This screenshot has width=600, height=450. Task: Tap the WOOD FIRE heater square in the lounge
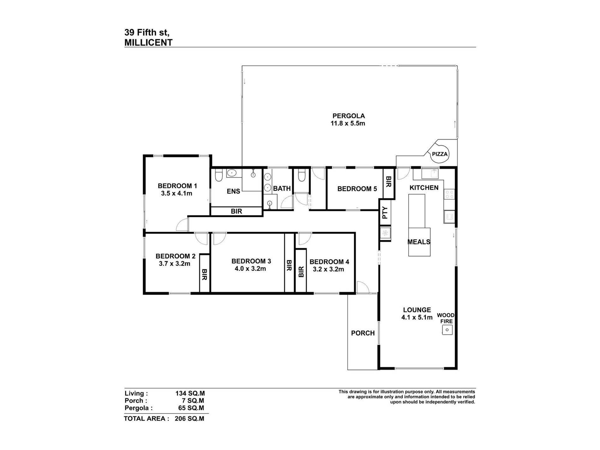[x=447, y=330]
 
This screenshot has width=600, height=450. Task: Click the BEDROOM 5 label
[x=357, y=189]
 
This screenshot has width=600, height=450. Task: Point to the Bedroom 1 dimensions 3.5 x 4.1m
[x=177, y=193]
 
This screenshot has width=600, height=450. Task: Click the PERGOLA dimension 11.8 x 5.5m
[x=348, y=123]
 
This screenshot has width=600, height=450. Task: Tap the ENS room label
[x=234, y=191]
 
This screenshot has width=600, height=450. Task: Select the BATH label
[x=282, y=189]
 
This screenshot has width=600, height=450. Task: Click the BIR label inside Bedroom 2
[x=204, y=274]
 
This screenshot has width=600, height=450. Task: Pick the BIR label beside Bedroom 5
[x=388, y=182]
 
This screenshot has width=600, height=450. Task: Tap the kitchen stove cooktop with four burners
[x=449, y=194]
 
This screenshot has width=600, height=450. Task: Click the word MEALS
[x=419, y=242]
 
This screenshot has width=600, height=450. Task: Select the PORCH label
[x=363, y=333]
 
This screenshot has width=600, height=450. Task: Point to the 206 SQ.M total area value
[x=189, y=418]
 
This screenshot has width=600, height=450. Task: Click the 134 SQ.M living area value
[x=190, y=393]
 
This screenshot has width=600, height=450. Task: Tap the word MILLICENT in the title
[x=148, y=43]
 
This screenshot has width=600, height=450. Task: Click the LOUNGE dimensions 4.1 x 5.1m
[x=417, y=317]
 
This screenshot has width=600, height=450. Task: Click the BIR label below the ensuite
[x=236, y=211]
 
